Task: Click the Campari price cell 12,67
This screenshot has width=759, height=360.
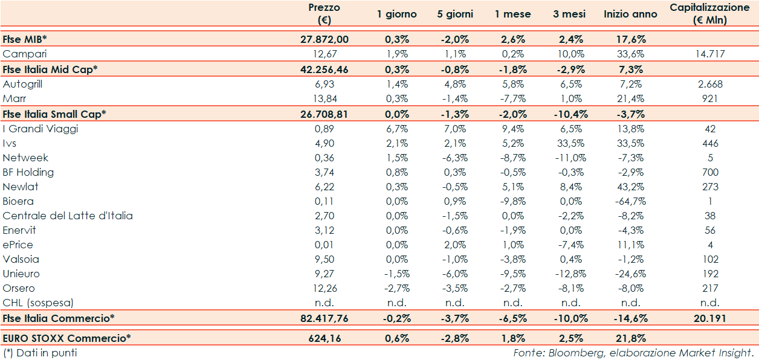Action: coord(324,54)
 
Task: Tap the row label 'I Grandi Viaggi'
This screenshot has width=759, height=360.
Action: coord(40,129)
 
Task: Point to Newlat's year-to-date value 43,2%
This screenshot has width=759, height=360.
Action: coord(630,187)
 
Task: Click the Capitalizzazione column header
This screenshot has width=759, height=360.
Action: coord(709,13)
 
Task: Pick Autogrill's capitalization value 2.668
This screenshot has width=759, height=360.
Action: coord(709,85)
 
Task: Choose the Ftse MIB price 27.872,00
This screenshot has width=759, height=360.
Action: coord(324,39)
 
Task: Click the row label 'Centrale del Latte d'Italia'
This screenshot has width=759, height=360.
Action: coord(68,216)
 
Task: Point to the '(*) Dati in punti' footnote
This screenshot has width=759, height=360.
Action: coord(40,353)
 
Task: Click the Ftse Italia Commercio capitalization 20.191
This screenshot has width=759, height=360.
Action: coord(709,318)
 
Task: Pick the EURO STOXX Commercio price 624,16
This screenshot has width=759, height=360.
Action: coord(324,339)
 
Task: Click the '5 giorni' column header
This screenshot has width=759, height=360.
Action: coord(455,14)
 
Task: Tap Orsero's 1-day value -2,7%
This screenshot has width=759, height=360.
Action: coord(397,288)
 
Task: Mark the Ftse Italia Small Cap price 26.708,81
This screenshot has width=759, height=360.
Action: coord(324,114)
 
